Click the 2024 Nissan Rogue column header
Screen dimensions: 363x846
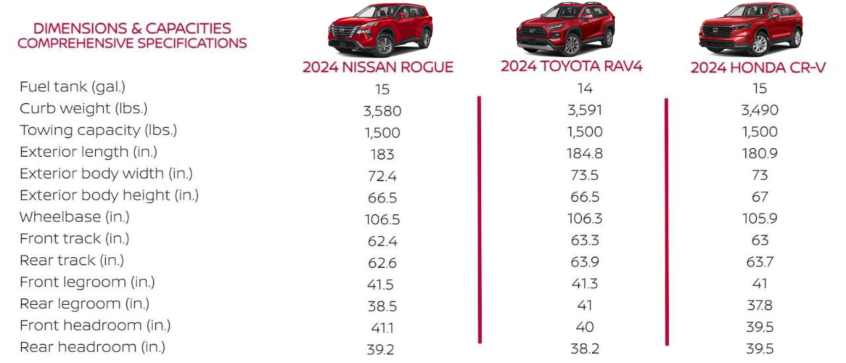[378, 67]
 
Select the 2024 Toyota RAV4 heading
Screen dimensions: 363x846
[571, 66]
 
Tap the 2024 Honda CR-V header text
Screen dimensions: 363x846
[758, 68]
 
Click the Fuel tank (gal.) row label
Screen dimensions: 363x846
[72, 87]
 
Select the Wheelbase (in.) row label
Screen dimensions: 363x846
[74, 217]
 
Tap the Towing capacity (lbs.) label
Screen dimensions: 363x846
[98, 130]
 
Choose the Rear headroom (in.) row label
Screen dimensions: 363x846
[92, 347]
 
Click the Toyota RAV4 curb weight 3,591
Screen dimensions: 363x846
[584, 110]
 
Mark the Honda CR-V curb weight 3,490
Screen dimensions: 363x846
[759, 110]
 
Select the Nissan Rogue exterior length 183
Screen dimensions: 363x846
[382, 154]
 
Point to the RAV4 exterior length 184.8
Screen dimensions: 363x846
[584, 153]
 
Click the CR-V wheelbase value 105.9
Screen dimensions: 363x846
[759, 219]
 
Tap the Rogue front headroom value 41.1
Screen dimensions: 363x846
[382, 327]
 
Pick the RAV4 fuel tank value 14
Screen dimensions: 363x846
[584, 89]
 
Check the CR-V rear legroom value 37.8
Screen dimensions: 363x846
[759, 305]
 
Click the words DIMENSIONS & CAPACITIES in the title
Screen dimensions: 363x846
[132, 28]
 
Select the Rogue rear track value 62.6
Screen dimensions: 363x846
[382, 262]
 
